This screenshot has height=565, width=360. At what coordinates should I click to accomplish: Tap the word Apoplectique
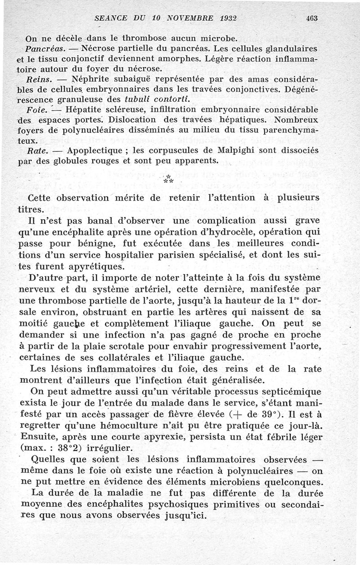point(97,150)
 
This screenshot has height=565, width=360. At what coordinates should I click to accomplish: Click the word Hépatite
point(85,109)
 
